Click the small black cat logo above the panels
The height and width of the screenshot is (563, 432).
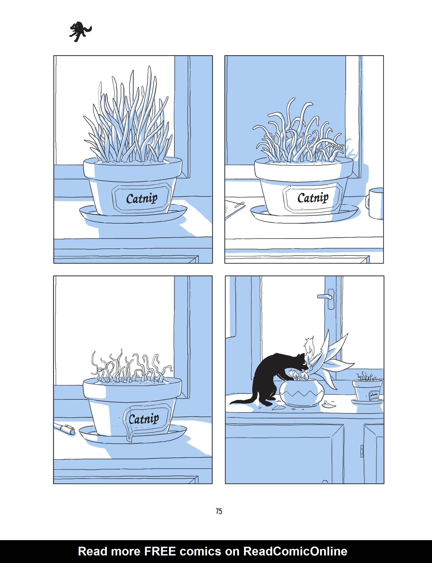tap(80, 32)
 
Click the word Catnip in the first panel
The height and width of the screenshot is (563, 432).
tap(142, 198)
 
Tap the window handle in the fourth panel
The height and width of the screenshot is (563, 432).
tap(327, 297)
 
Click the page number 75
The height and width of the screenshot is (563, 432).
tap(219, 511)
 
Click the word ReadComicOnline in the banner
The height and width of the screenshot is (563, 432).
tap(295, 551)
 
